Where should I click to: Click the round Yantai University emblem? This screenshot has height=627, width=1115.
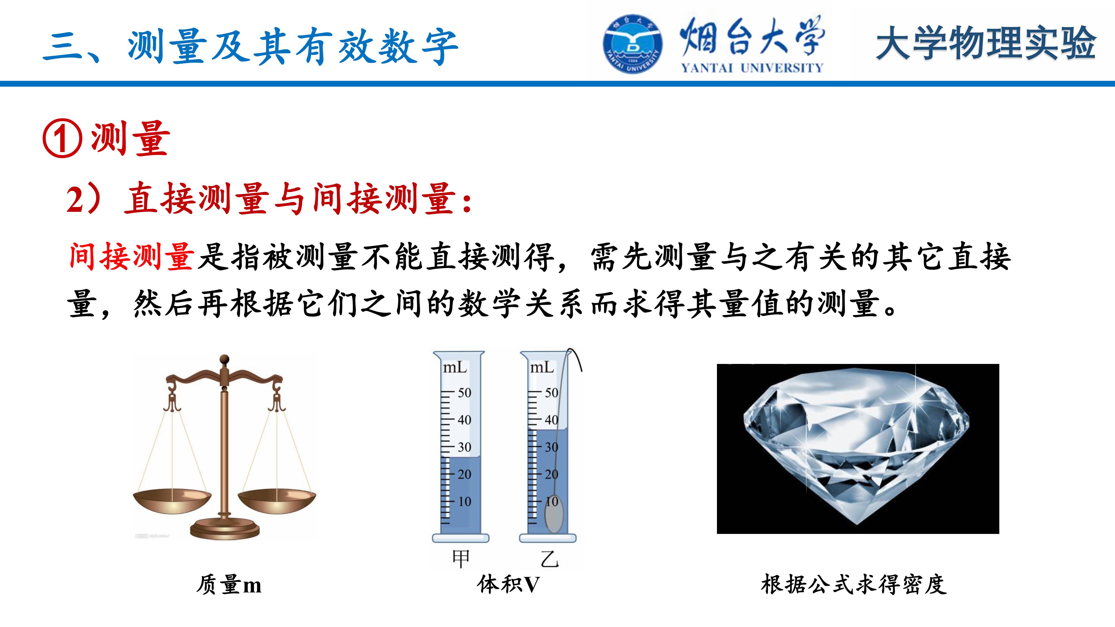pyautogui.click(x=632, y=44)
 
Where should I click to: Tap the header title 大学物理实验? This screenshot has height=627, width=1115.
pyautogui.click(x=986, y=43)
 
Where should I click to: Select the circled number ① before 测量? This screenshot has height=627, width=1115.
pyautogui.click(x=62, y=138)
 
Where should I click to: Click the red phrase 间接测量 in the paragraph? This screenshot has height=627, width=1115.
pyautogui.click(x=131, y=257)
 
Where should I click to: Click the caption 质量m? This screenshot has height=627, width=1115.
pyautogui.click(x=229, y=585)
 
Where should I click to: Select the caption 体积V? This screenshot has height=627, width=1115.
pyautogui.click(x=509, y=584)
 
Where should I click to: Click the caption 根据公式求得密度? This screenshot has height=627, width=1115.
pyautogui.click(x=854, y=584)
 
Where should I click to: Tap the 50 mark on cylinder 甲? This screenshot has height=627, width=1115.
pyautogui.click(x=464, y=393)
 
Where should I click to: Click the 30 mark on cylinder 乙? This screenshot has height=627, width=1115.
pyautogui.click(x=551, y=447)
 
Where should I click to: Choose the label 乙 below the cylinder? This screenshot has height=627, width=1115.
pyautogui.click(x=550, y=559)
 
